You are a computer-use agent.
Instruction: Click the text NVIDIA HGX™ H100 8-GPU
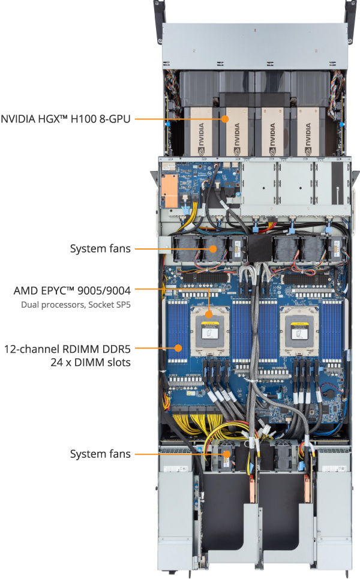65,119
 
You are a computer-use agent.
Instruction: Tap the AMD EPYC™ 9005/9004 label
72,290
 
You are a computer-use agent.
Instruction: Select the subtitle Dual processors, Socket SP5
76,305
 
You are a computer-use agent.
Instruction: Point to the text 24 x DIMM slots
91,362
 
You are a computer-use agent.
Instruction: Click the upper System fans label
100,248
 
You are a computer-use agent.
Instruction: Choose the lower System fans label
100,454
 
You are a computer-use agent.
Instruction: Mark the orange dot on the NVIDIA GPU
226,119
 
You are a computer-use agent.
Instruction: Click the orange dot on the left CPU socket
208,314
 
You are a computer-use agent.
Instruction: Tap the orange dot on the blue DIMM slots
178,347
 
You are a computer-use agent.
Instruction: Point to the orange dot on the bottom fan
226,454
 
